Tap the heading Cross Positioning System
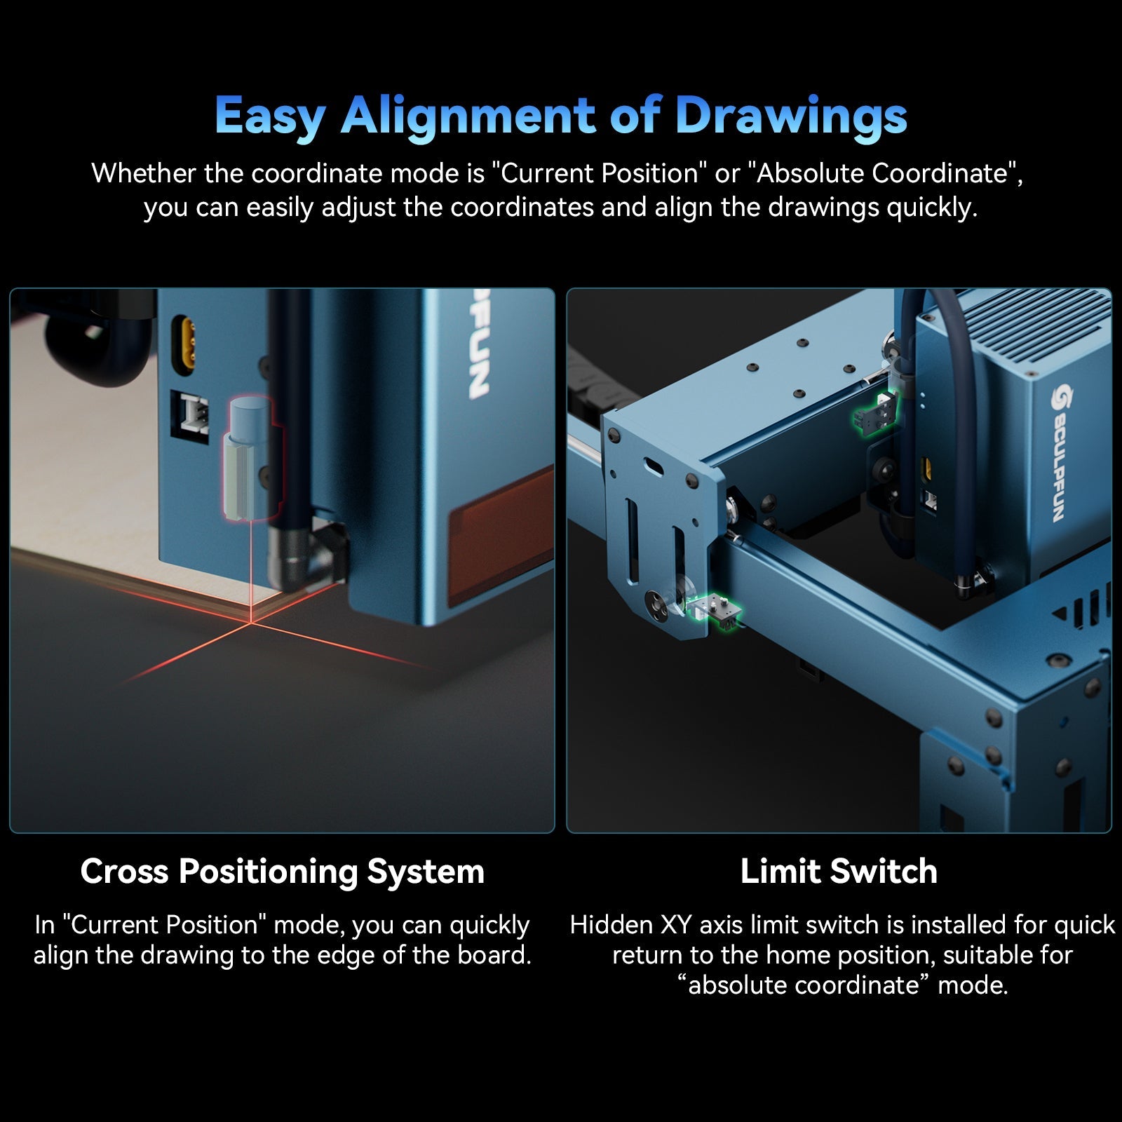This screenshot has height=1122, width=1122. [282, 872]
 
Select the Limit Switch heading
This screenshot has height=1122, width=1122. [839, 872]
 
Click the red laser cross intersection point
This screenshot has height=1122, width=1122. [250, 621]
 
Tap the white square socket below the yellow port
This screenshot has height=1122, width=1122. [191, 412]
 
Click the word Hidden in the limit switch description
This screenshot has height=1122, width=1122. [611, 925]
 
